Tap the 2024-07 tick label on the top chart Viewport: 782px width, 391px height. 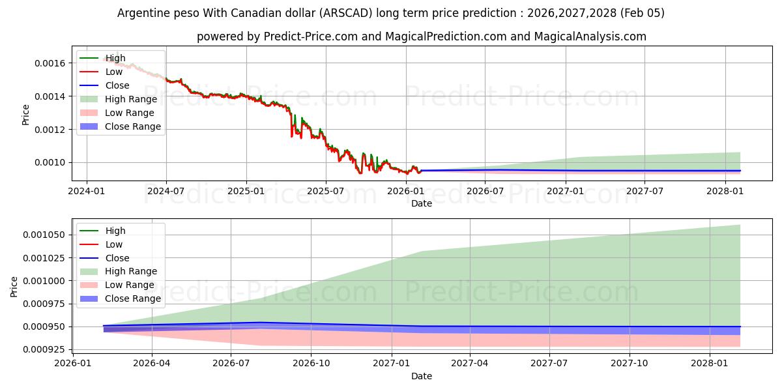(x=166, y=191)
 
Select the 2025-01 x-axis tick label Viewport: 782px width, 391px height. (x=246, y=191)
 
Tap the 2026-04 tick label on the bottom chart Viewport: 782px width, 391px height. (x=151, y=364)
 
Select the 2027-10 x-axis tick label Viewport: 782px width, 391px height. (x=630, y=364)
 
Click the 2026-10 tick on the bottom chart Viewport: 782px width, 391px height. (x=311, y=364)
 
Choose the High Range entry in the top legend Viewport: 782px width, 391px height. (x=131, y=99)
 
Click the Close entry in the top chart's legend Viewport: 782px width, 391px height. (x=117, y=85)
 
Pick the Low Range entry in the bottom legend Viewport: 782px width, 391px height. (x=130, y=285)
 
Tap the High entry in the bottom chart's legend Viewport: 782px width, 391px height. (x=115, y=231)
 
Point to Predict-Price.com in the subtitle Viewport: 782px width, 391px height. (x=310, y=36)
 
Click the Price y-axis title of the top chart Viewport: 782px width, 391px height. (x=26, y=114)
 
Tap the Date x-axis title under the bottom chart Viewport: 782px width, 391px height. (x=422, y=376)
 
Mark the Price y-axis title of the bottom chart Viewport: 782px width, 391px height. (x=14, y=287)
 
